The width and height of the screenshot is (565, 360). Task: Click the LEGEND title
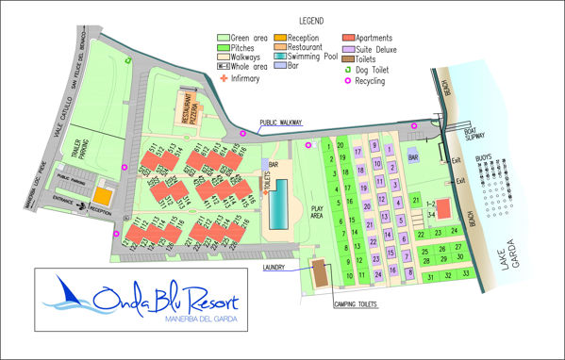tap(312, 20)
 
